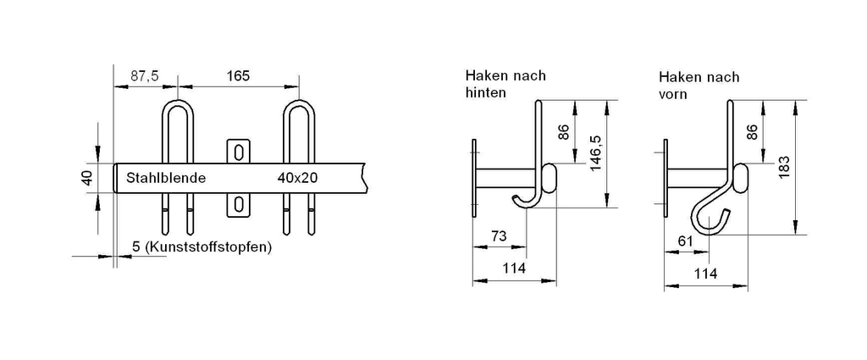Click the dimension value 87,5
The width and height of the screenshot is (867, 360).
pos(144,76)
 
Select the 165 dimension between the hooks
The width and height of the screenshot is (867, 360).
pos(238,75)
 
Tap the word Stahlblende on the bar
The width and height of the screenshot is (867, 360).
pos(166,178)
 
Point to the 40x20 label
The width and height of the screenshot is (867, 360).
pos(298,178)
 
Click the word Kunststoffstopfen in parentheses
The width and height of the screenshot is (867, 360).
pos(207,246)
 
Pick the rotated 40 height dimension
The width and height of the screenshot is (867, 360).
pos(88,178)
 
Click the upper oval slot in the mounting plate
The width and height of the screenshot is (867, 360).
pos(238,152)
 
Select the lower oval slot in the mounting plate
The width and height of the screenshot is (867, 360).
pos(238,205)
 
